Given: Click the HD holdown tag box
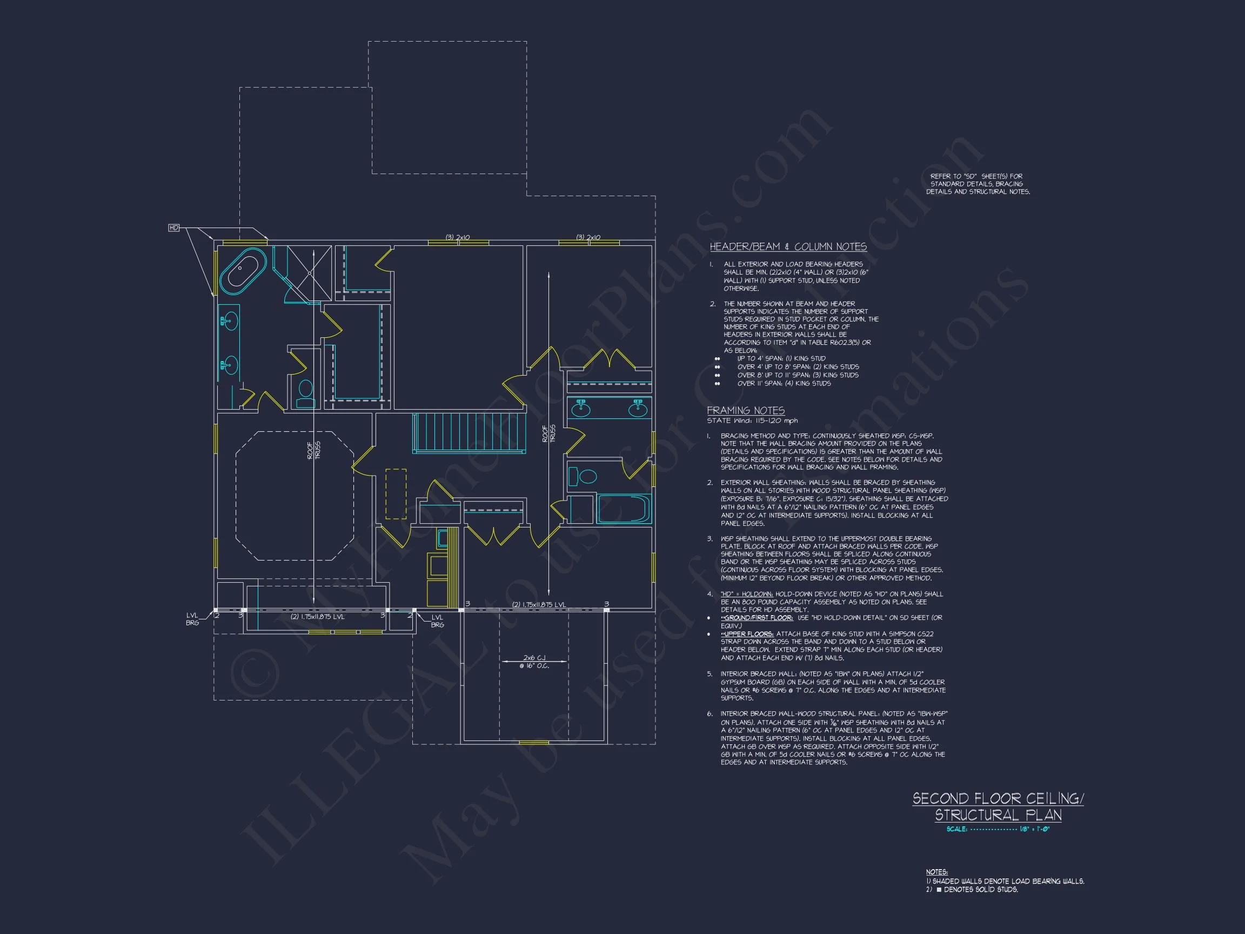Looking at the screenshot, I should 174,228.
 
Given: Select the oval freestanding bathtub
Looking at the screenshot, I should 243,271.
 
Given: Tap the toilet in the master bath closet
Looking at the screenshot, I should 306,393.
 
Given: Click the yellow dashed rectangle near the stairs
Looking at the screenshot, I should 396,493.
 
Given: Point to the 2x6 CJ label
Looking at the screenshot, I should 534,658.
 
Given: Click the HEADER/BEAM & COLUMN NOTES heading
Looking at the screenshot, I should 787,246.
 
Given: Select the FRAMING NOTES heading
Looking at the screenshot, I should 745,410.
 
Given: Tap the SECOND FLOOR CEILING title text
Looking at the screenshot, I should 998,799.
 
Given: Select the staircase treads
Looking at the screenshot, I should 469,432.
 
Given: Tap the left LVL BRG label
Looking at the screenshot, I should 192,619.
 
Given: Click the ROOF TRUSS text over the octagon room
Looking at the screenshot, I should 313,450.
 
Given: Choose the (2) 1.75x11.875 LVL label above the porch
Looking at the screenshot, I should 539,605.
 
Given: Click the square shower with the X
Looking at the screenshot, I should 309,273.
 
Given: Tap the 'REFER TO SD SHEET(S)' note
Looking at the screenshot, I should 978,184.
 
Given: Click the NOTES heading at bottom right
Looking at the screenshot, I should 936,871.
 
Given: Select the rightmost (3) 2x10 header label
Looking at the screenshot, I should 588,238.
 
